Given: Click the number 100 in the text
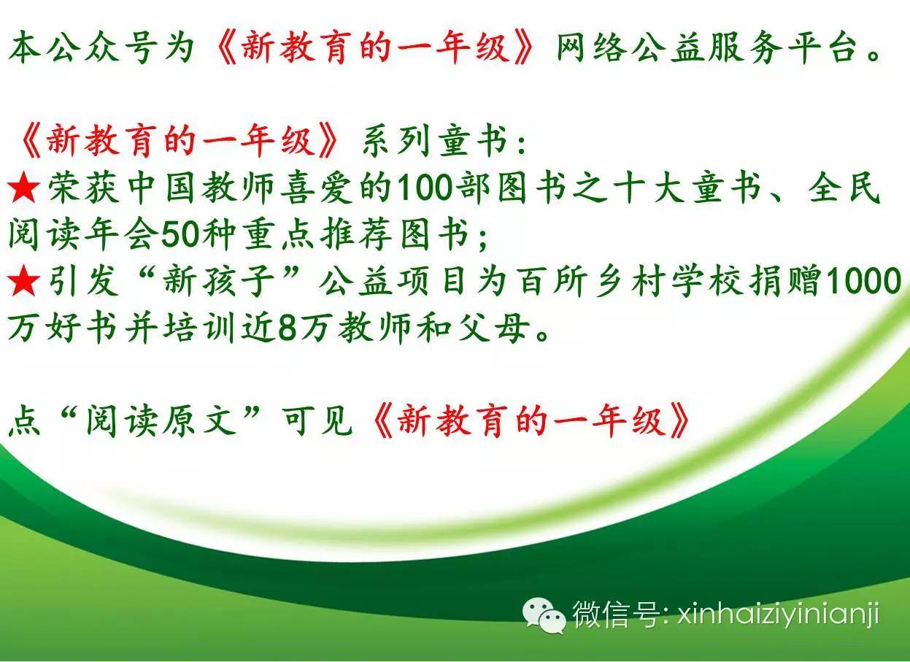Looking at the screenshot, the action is point(424,188).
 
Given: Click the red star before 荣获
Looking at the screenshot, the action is point(24,188).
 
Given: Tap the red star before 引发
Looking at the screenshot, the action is point(24,280).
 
